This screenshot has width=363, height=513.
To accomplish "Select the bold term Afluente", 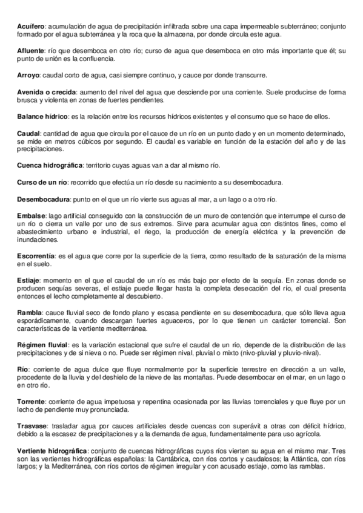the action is [30, 53].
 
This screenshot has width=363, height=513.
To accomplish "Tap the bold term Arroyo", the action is [28, 75].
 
